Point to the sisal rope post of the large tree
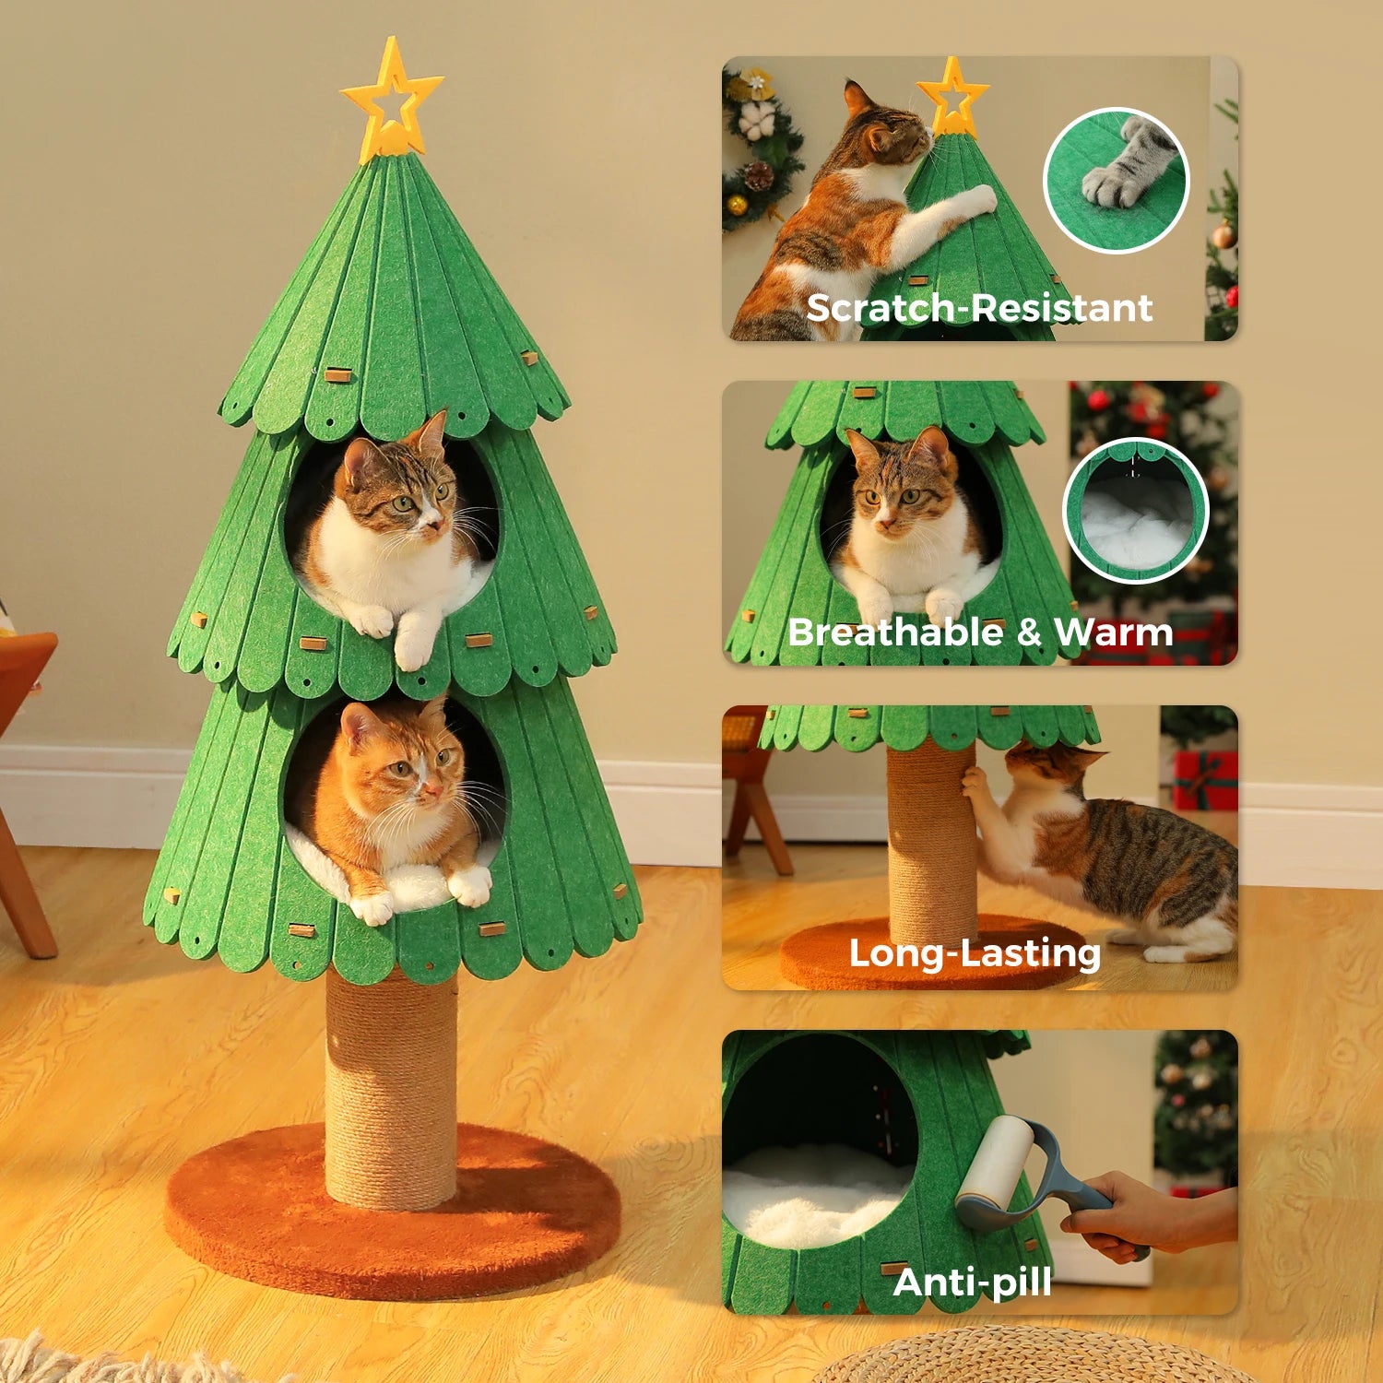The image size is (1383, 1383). pyautogui.click(x=391, y=1088)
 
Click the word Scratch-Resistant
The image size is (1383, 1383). pyautogui.click(x=979, y=308)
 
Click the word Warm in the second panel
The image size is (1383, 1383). pyautogui.click(x=1113, y=632)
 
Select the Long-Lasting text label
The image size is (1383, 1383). pyautogui.click(x=975, y=953)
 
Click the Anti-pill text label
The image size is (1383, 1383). pyautogui.click(x=972, y=1282)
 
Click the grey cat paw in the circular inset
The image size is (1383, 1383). pyautogui.click(x=1132, y=166)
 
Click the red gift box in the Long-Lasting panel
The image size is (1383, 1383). pyautogui.click(x=1205, y=779)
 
